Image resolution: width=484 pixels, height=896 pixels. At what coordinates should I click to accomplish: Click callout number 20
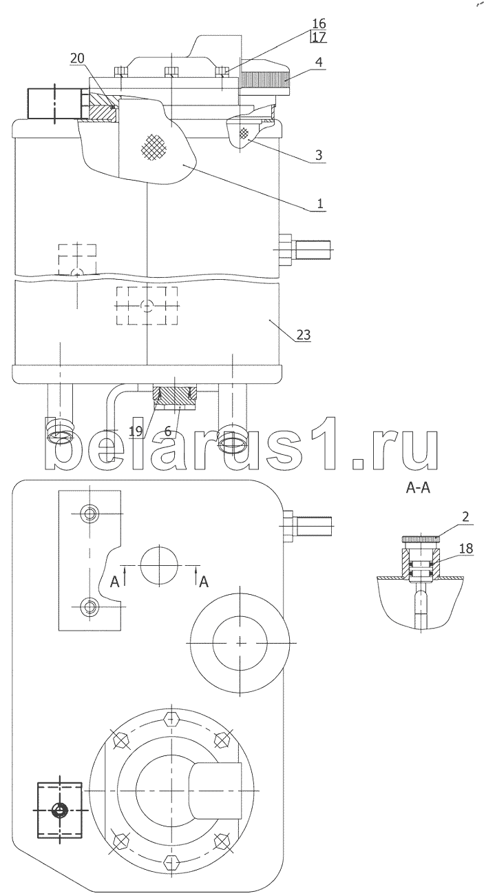[x=77, y=59]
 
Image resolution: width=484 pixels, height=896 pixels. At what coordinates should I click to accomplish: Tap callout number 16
[x=318, y=23]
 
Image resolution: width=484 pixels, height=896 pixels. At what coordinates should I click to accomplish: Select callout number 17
[x=319, y=37]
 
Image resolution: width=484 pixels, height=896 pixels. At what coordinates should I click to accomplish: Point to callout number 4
[x=318, y=62]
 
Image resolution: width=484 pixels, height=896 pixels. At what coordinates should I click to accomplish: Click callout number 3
[x=319, y=155]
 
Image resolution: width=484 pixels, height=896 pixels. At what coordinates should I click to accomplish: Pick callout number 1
[x=319, y=203]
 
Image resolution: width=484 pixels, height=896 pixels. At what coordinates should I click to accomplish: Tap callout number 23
[x=304, y=334]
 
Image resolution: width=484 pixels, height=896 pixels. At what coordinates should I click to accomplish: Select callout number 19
[x=136, y=431]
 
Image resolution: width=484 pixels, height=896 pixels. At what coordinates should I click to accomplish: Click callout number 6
[x=168, y=431]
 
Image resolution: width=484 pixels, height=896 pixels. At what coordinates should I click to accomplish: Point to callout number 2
[x=465, y=516]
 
